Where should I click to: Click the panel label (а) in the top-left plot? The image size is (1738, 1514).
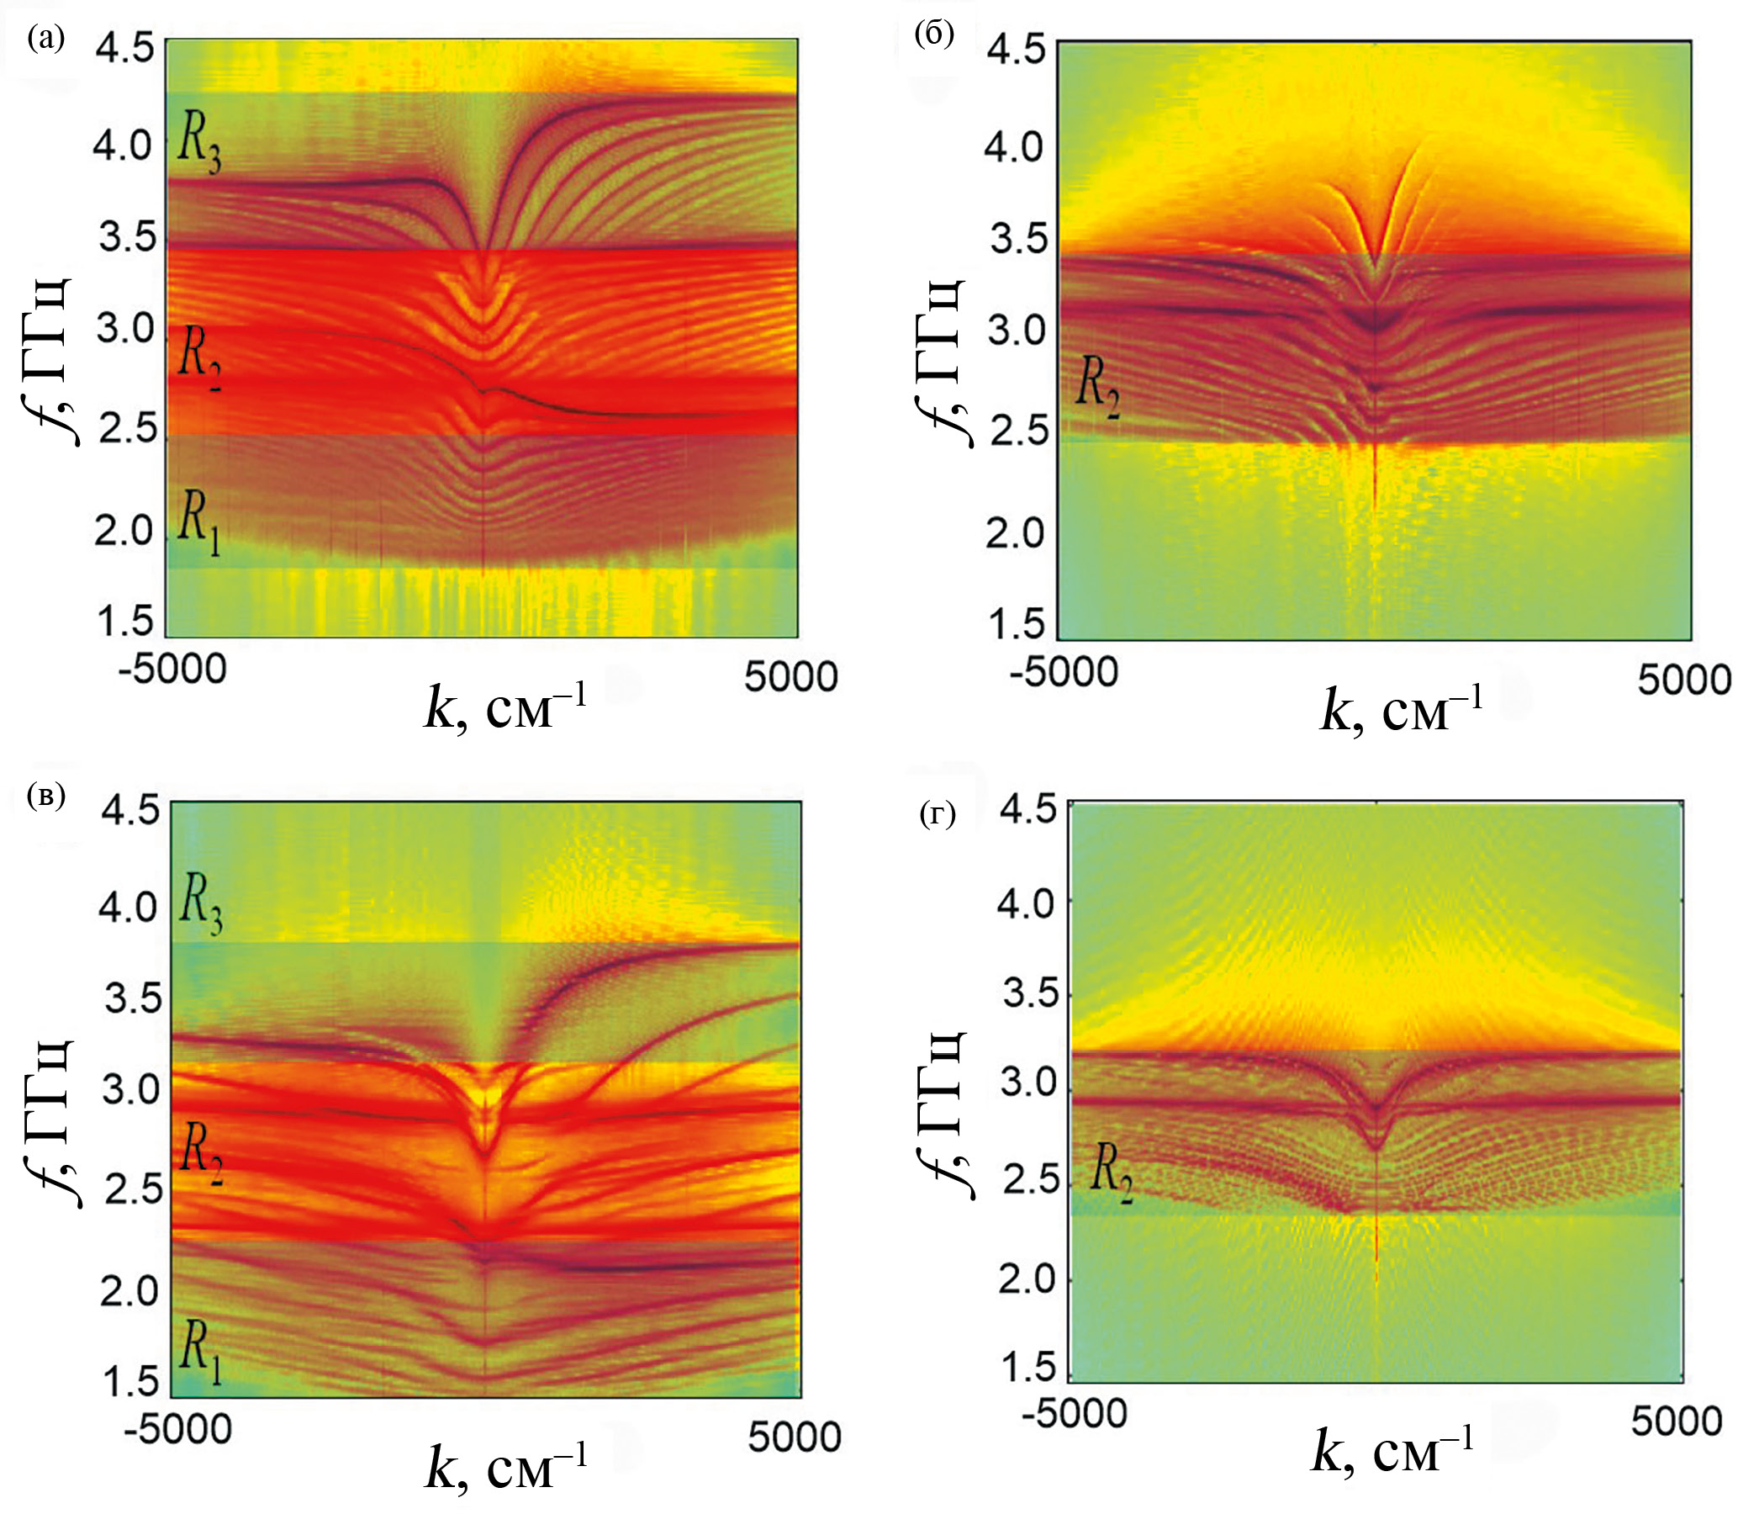click(45, 38)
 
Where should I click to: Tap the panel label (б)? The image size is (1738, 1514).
click(934, 34)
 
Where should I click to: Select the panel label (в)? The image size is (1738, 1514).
click(45, 796)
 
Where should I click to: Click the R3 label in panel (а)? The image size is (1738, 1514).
click(199, 145)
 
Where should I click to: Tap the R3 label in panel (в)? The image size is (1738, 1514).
click(201, 906)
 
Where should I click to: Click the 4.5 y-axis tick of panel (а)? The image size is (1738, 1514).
click(124, 48)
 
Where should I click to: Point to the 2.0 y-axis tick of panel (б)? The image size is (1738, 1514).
click(1014, 533)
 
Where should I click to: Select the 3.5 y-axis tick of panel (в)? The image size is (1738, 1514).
click(131, 999)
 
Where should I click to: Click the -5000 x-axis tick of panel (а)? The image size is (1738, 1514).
click(172, 670)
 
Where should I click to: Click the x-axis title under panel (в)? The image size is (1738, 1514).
click(505, 1468)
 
